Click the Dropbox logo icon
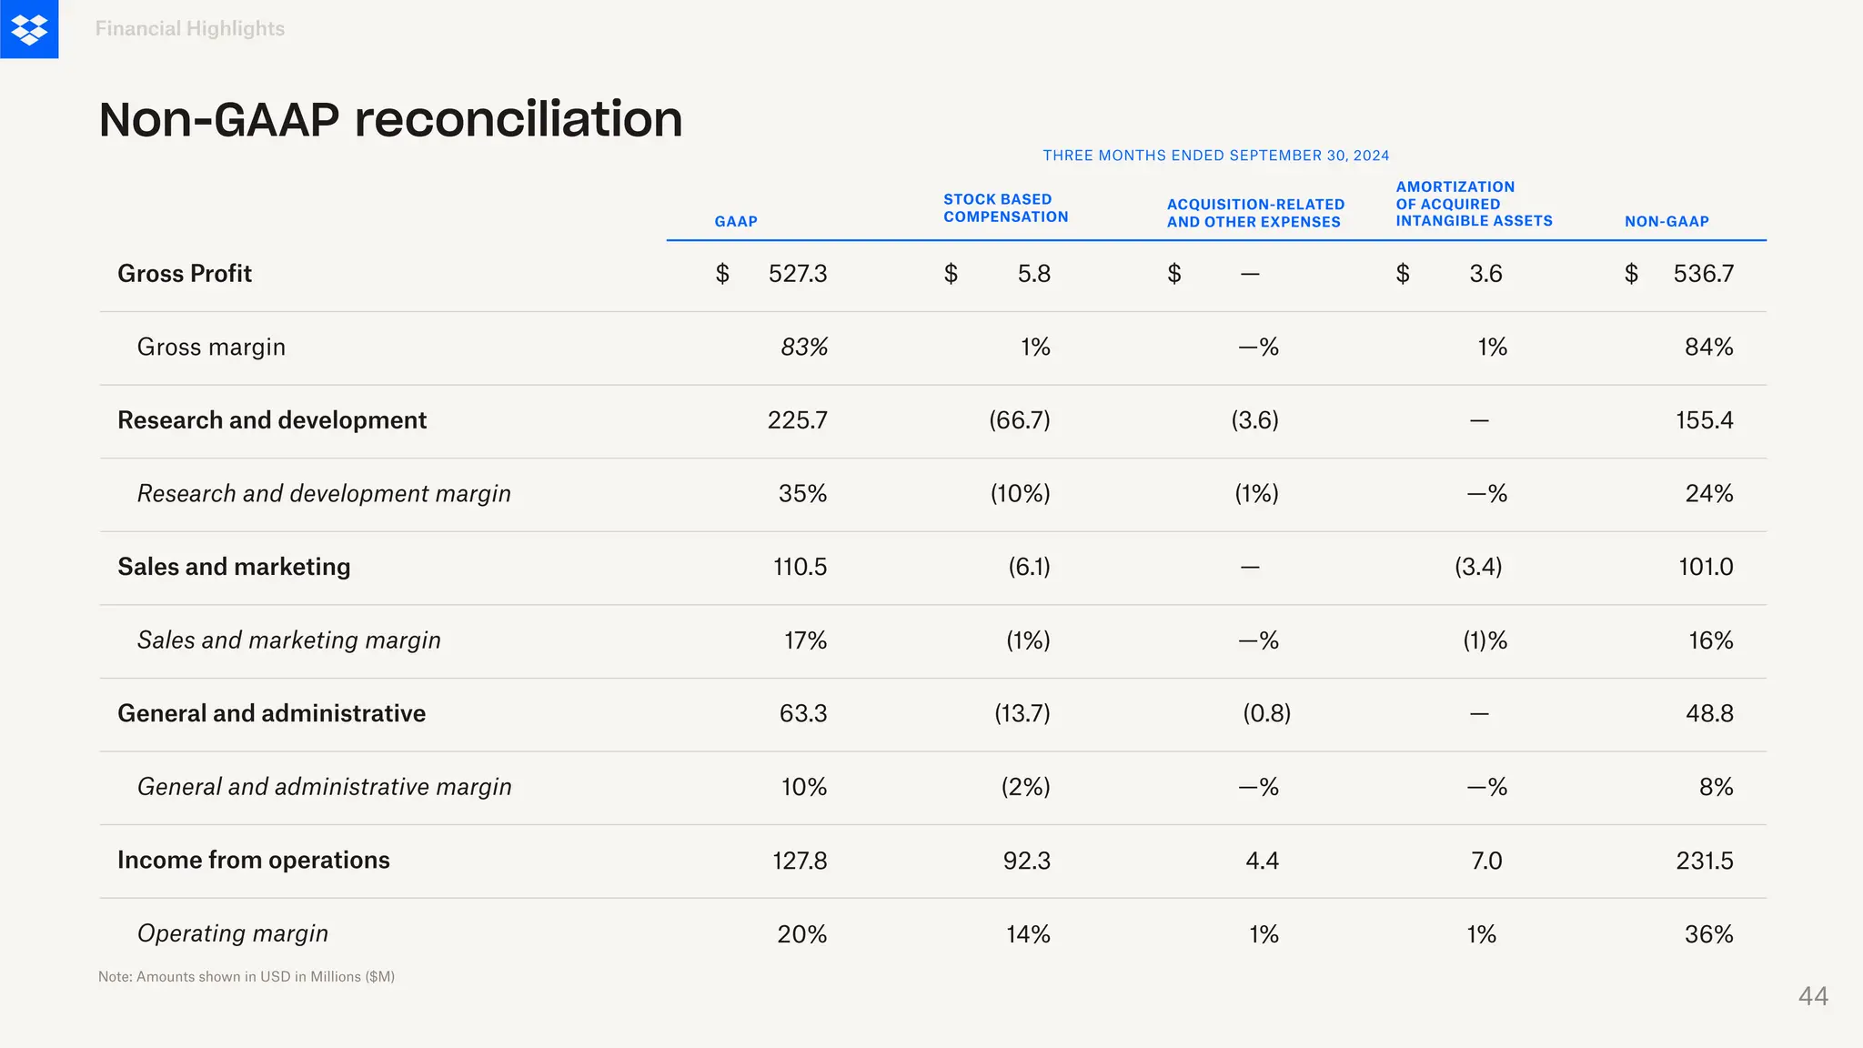point(29,29)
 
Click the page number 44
point(1812,996)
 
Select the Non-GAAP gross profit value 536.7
point(1703,274)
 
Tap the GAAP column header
point(736,221)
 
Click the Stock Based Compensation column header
point(1005,208)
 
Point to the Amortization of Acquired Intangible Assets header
point(1474,204)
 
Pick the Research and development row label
point(272,420)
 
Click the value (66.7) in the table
point(1019,420)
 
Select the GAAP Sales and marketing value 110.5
point(800,567)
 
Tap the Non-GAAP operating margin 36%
point(1708,934)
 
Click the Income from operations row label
point(254,860)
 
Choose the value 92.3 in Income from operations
point(1026,861)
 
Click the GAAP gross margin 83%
point(804,348)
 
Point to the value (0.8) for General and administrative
point(1266,713)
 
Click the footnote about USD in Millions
point(247,976)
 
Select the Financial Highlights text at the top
point(190,29)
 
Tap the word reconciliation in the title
point(518,119)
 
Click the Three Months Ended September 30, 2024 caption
point(1215,156)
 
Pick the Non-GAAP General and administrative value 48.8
point(1708,713)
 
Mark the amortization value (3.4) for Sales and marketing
point(1477,567)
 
